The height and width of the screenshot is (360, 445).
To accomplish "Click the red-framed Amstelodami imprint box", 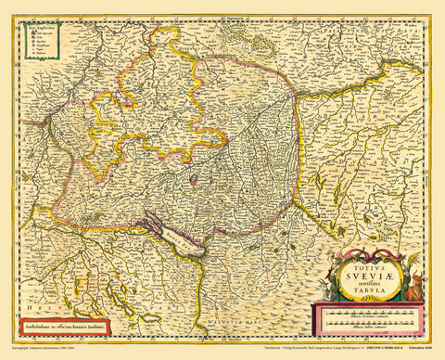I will coord(61,327).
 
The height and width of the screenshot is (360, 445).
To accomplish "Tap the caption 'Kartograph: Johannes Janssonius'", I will coord(46,353).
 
